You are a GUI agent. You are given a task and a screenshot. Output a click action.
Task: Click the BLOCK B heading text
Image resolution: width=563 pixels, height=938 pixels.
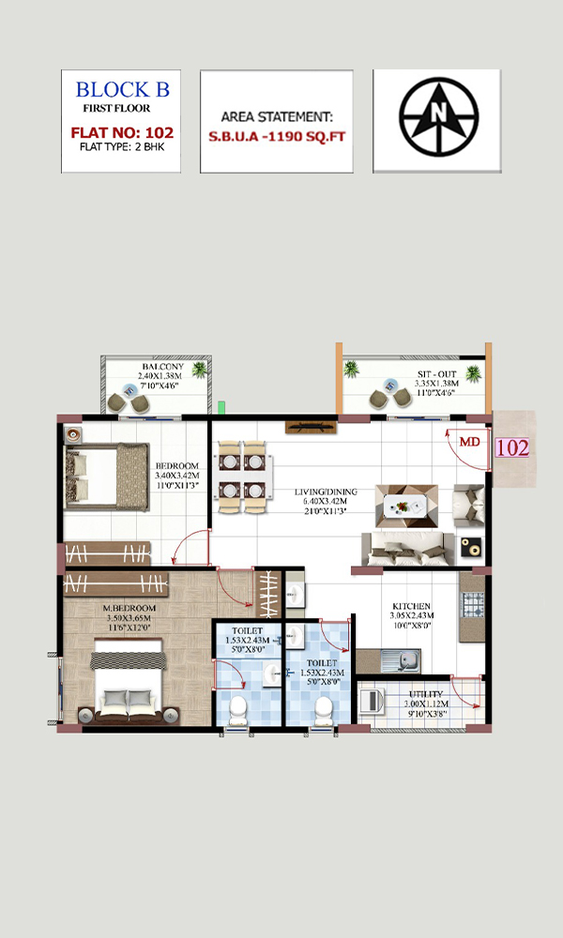123,90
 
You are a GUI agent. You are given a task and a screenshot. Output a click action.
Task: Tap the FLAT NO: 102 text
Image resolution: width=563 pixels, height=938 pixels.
122,132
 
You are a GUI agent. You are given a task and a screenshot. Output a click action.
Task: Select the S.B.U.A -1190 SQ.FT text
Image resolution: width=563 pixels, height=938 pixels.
277,136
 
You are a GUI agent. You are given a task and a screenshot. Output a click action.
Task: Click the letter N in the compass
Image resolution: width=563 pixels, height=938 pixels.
439,112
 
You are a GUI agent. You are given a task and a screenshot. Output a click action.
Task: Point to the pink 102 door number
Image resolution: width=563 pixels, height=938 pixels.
512,447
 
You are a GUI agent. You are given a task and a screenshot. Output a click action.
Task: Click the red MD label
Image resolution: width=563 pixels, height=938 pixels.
470,442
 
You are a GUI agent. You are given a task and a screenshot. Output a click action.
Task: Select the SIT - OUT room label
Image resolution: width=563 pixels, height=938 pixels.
436,374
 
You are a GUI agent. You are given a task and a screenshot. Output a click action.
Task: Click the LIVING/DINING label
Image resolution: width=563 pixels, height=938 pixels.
326,492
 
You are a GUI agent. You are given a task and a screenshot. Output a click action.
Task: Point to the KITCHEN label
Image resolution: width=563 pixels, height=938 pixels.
411,606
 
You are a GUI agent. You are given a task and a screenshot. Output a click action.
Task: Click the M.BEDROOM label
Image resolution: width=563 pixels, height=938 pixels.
129,609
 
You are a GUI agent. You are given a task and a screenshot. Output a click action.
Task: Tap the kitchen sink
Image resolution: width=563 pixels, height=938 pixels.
401,660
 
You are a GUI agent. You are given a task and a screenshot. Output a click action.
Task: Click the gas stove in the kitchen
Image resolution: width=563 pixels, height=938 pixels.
472,604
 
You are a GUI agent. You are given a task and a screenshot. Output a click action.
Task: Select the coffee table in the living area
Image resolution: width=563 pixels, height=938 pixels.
406,507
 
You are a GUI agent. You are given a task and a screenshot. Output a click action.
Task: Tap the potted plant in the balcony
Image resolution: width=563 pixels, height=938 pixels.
199,371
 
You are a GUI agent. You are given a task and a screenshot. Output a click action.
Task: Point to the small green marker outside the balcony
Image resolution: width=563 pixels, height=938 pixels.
221,407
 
